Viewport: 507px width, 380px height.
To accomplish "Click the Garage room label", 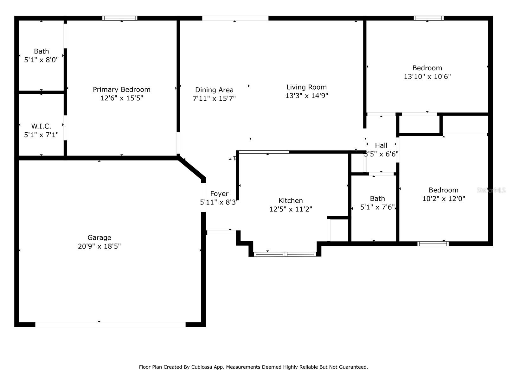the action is (x=99, y=237).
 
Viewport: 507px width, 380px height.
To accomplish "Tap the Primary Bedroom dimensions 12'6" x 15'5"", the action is (x=121, y=98).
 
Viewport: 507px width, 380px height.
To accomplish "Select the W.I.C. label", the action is (x=41, y=126).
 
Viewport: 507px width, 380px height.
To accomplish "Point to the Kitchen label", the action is (x=291, y=200).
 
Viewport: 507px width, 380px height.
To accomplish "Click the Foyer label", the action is (x=219, y=193).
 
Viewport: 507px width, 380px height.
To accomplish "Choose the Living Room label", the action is (x=306, y=87).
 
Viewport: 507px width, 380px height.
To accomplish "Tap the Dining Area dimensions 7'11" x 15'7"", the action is (x=214, y=98).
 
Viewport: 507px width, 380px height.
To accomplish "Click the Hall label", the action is (x=381, y=145).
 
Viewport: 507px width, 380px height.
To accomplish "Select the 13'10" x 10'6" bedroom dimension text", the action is (x=427, y=77).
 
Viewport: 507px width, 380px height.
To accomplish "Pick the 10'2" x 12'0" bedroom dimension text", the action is (x=444, y=199).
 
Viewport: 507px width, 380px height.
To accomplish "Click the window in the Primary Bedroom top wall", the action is (x=120, y=18).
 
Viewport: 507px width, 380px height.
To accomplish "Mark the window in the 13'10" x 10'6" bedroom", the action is (x=428, y=18).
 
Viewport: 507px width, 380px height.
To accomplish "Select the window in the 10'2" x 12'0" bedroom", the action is (x=433, y=244).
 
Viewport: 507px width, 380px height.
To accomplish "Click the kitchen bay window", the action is (x=285, y=254).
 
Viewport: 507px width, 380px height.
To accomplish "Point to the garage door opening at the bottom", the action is (x=110, y=325).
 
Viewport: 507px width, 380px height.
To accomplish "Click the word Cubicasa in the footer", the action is (x=201, y=367).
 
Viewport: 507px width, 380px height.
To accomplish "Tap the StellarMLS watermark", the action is (x=491, y=190).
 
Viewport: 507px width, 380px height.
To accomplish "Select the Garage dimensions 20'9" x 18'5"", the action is (x=99, y=246).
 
